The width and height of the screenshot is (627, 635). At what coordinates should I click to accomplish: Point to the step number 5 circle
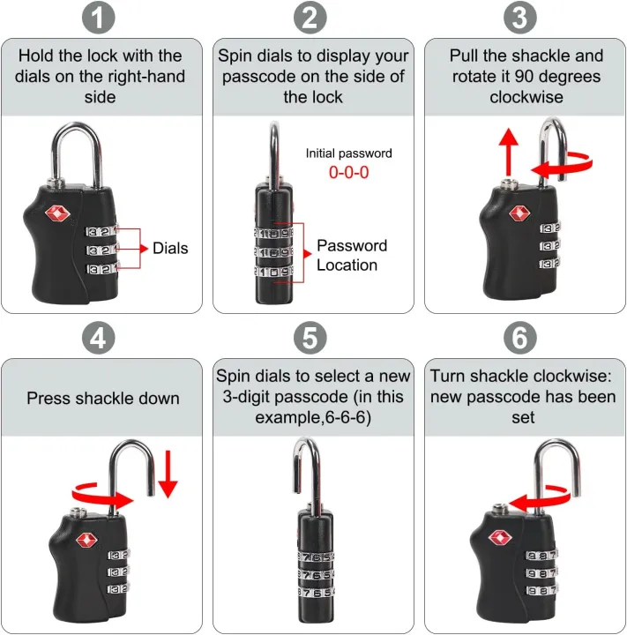coord(313,338)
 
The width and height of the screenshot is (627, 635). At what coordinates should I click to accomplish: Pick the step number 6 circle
coord(523,338)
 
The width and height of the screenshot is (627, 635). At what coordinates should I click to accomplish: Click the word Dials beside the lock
coord(170,249)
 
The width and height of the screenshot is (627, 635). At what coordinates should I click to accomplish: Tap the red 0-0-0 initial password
coord(348,173)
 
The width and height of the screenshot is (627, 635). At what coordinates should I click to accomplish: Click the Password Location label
coord(351,255)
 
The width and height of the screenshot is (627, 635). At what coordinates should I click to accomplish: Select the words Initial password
coord(348,153)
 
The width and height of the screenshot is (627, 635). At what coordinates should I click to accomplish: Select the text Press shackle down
coord(103,398)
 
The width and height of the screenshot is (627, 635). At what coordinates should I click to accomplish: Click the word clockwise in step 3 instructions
coord(526,97)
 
